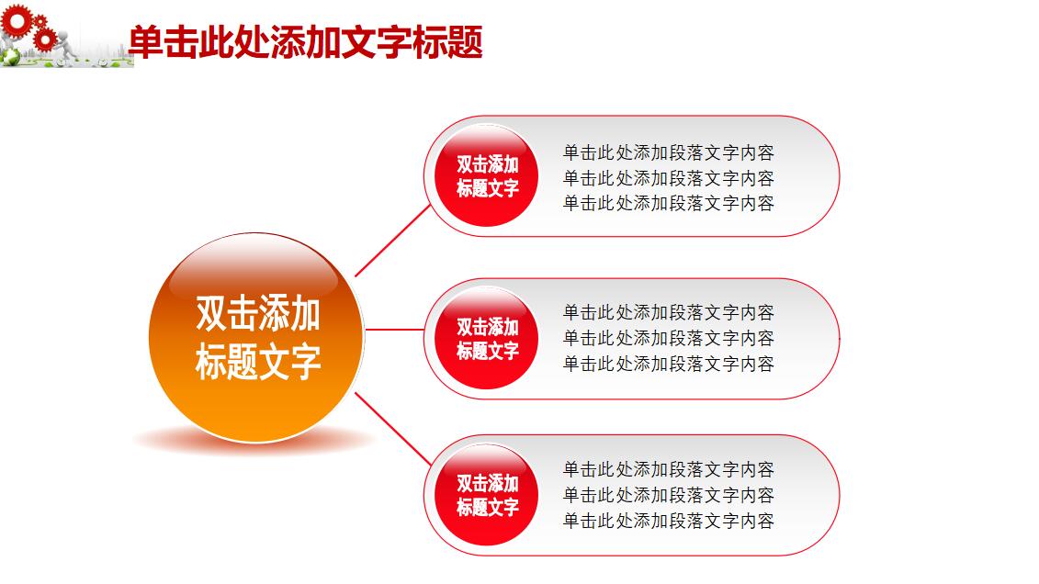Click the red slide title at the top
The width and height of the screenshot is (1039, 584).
click(x=305, y=42)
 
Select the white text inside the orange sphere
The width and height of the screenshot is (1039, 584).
click(x=257, y=337)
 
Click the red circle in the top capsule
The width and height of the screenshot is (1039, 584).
click(x=487, y=175)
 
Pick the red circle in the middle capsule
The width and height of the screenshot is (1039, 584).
click(x=487, y=338)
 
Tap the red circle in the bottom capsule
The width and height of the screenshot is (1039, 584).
click(x=487, y=494)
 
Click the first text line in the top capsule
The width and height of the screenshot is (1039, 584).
click(x=668, y=152)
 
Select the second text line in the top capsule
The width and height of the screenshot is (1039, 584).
click(x=668, y=177)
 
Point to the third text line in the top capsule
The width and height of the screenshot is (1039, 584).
click(x=668, y=202)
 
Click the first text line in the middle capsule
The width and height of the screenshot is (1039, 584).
click(x=668, y=312)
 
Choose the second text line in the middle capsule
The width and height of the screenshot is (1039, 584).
click(x=668, y=338)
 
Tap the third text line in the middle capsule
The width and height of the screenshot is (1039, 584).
click(x=668, y=363)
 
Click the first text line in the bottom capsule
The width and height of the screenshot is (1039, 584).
click(x=668, y=469)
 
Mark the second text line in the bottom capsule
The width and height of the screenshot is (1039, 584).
click(x=668, y=495)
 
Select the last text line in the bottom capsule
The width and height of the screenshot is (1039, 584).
click(x=668, y=521)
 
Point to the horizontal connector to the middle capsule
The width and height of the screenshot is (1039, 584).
click(x=395, y=329)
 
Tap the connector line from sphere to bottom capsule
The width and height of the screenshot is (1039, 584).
click(x=392, y=429)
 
